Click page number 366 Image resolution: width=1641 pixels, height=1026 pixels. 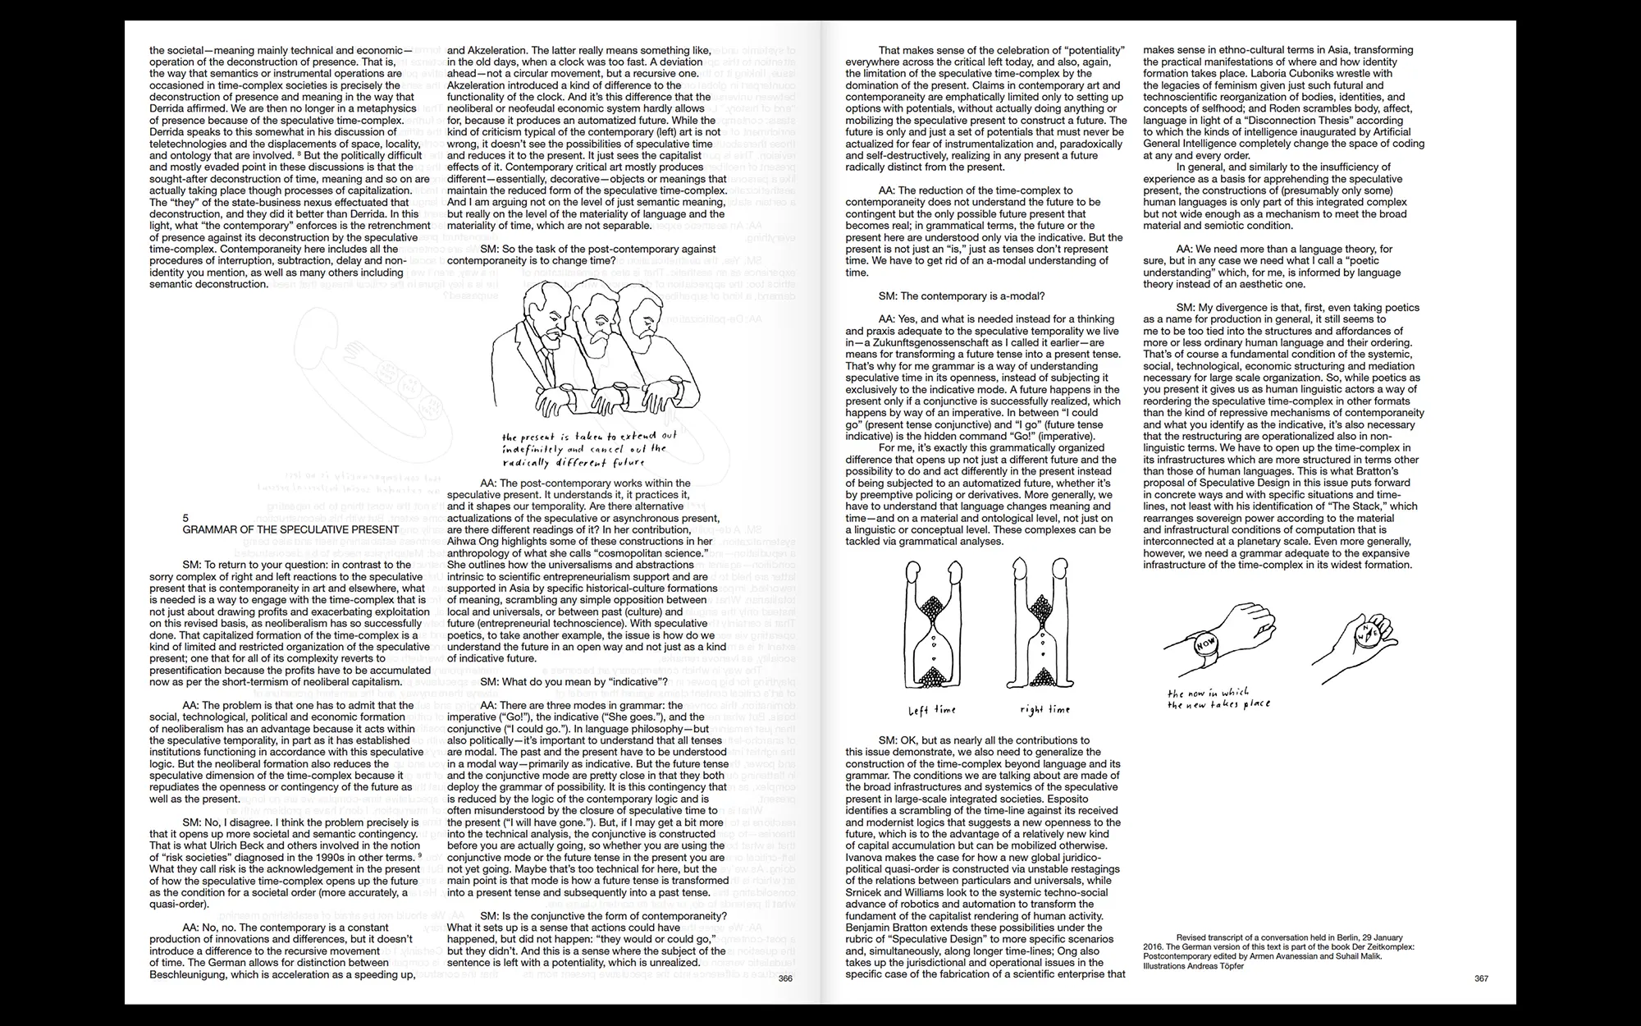point(785,978)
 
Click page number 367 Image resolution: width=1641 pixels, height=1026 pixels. point(1481,978)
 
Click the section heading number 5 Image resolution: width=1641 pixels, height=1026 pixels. point(186,518)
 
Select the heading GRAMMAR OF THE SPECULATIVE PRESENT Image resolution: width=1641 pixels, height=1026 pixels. point(290,530)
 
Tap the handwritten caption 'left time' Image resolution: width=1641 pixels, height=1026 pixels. point(931,710)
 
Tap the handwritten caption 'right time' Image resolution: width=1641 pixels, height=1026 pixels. point(1044,710)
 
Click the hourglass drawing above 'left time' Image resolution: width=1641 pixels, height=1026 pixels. point(932,628)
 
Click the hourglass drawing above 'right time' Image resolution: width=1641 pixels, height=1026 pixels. point(1042,628)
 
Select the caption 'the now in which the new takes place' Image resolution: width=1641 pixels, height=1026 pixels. point(1218,699)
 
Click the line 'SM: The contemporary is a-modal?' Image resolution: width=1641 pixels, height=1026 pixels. point(961,296)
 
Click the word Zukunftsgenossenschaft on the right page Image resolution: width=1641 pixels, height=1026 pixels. point(940,343)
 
